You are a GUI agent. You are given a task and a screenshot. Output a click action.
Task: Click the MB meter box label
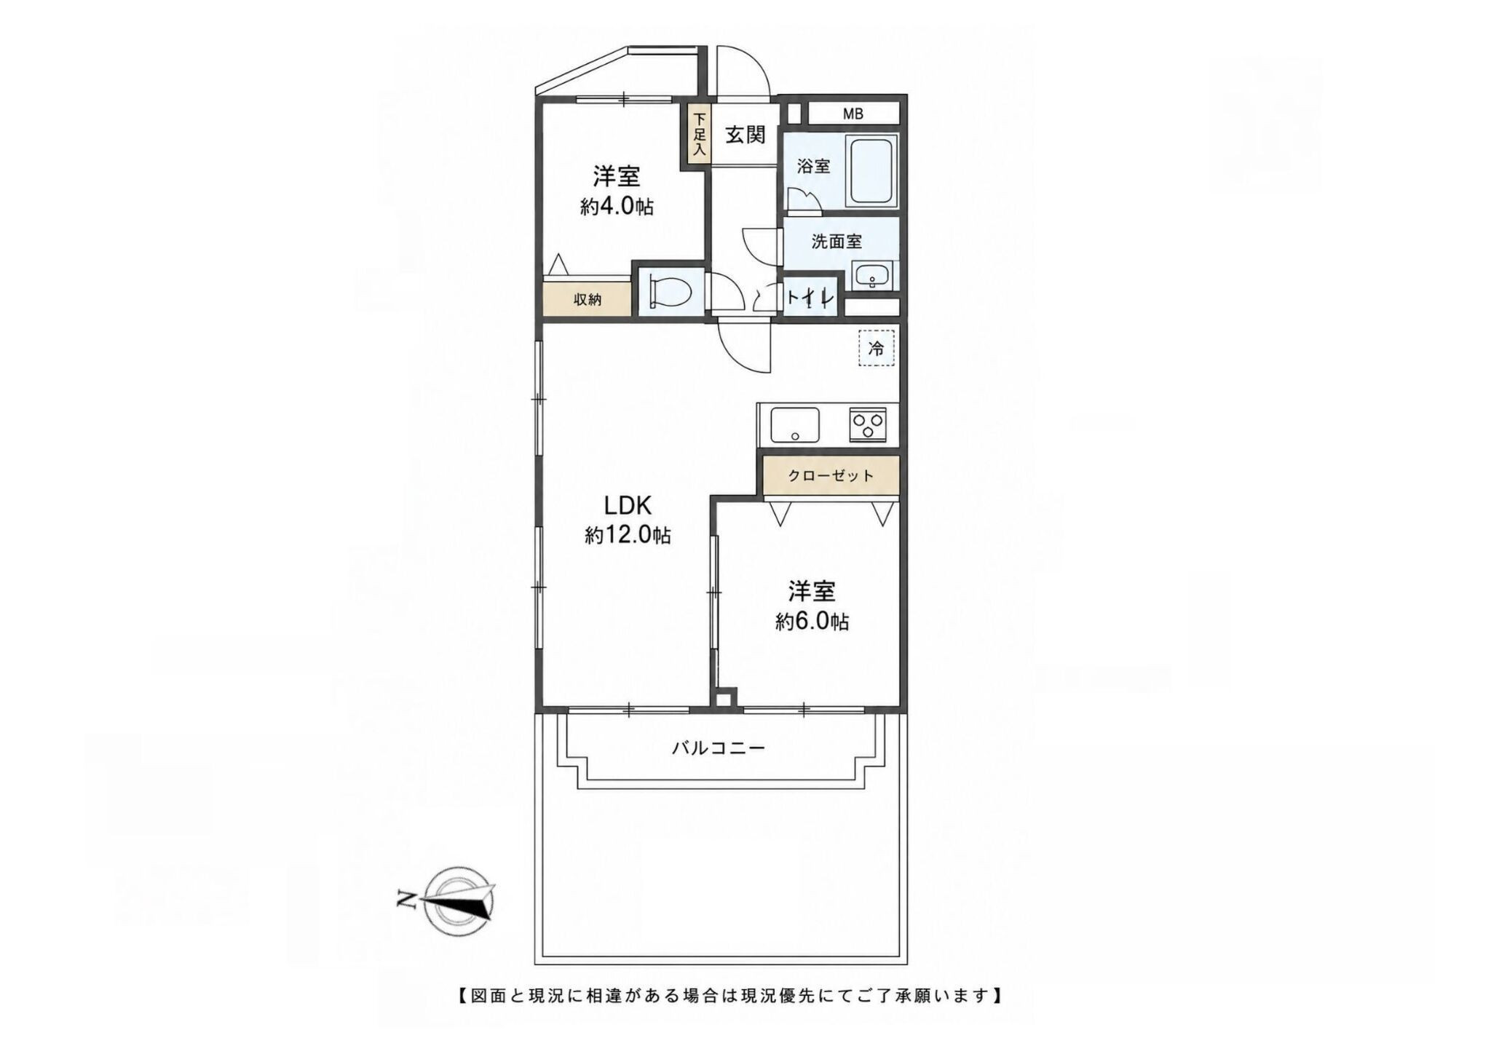point(853,114)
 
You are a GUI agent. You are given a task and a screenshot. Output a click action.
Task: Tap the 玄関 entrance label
point(745,135)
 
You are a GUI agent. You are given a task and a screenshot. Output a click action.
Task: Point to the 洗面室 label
point(837,242)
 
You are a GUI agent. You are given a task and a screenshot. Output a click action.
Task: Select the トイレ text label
point(810,298)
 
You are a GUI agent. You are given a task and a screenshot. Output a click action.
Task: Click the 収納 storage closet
point(588,298)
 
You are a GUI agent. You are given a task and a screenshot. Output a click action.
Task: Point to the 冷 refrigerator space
point(876,348)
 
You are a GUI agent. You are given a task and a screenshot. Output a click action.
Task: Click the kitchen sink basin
point(795,424)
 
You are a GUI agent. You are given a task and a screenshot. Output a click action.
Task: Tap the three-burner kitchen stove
point(867,424)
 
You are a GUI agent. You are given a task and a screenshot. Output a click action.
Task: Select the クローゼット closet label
point(831,476)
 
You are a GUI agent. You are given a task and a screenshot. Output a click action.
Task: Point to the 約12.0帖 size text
point(628,536)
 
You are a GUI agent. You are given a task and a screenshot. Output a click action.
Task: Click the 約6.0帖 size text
point(811,622)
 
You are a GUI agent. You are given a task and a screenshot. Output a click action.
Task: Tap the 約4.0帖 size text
point(617,207)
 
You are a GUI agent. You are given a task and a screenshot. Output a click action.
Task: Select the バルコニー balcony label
point(719,748)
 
